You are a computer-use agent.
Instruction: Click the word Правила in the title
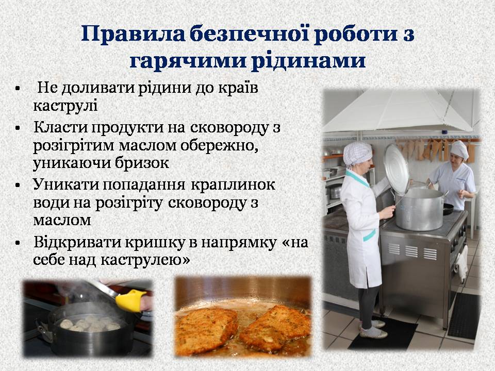point(133,35)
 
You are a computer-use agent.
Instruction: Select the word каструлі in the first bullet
point(65,105)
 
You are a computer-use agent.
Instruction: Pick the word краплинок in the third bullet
point(233,185)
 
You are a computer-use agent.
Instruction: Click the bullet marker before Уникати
point(18,185)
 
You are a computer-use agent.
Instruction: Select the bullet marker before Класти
point(18,128)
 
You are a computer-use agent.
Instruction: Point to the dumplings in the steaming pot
point(88,324)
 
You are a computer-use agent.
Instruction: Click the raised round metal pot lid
point(397,169)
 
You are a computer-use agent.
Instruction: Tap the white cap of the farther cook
point(459,149)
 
